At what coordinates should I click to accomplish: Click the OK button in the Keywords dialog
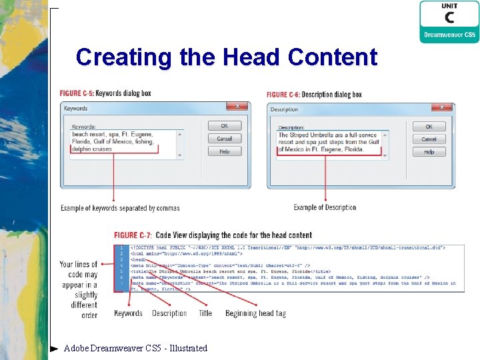point(225,126)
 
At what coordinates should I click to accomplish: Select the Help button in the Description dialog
point(429,151)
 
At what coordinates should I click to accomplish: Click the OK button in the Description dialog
point(429,127)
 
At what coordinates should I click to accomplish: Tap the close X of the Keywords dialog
point(237,107)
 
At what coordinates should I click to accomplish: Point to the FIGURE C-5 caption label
point(77,93)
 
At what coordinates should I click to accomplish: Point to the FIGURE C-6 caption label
point(283,95)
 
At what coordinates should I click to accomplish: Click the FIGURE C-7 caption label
point(133,235)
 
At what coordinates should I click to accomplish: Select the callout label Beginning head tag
point(255,313)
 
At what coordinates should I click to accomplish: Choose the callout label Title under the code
point(205,313)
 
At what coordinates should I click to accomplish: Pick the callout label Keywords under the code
point(128,313)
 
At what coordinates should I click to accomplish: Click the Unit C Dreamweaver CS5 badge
point(449,22)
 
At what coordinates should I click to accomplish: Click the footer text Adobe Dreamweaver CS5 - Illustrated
point(135,348)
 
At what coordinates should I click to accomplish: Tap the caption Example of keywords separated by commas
point(120,208)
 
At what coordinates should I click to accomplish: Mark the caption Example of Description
point(325,207)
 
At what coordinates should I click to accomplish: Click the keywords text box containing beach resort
point(123,142)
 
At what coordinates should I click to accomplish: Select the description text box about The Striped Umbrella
point(329,143)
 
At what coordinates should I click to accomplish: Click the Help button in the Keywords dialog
point(225,151)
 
